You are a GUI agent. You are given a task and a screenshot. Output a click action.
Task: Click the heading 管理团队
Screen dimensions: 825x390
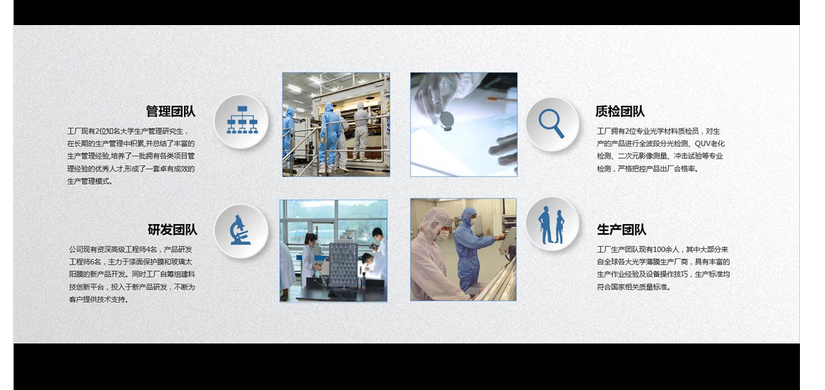click(x=170, y=112)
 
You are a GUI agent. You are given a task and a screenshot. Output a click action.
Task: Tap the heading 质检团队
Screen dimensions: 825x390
click(x=619, y=112)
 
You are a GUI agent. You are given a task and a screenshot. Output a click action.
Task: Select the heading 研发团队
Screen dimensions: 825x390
click(x=173, y=230)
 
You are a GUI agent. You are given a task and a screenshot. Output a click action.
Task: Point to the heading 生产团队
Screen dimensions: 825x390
click(x=622, y=230)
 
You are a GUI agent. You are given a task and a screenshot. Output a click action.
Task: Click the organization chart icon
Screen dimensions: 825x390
click(x=242, y=120)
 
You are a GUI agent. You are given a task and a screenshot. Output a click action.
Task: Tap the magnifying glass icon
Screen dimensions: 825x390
click(x=551, y=123)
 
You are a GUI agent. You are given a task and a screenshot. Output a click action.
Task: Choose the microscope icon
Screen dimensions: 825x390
click(x=240, y=230)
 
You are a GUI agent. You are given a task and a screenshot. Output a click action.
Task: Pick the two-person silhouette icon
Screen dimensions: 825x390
click(x=551, y=225)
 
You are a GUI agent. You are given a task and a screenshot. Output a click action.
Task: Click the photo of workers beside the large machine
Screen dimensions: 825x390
click(x=336, y=125)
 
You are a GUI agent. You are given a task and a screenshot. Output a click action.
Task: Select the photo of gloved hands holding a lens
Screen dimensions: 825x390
click(x=463, y=125)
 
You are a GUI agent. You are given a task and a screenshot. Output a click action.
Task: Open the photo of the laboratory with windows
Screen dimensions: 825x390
click(x=334, y=250)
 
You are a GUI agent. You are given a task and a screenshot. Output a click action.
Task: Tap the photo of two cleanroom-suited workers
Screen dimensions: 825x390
click(x=463, y=250)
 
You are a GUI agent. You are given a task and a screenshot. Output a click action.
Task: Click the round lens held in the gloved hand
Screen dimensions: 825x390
click(x=447, y=120)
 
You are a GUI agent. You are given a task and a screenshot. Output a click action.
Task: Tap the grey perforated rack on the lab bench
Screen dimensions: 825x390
click(x=343, y=265)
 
